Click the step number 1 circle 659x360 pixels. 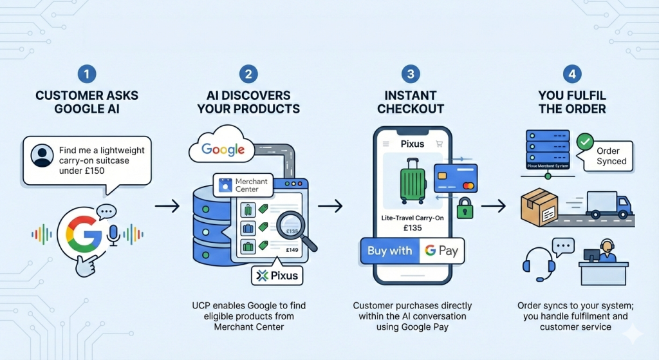click(86, 74)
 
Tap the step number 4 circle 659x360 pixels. click(571, 74)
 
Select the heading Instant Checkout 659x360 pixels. click(411, 102)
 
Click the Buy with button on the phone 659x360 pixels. click(389, 251)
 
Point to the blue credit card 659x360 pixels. click(456, 177)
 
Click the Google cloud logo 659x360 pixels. click(223, 150)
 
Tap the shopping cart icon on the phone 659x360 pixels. click(440, 144)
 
